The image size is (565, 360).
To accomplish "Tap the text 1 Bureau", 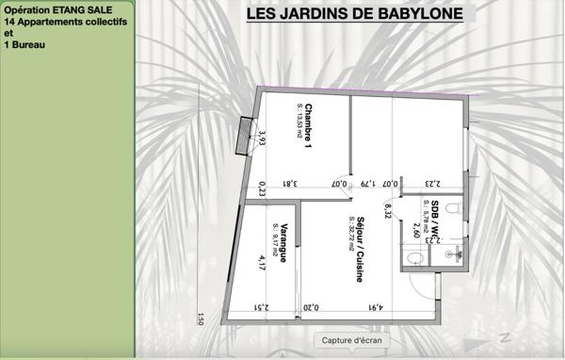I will (24, 43).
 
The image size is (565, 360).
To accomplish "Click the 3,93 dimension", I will (263, 139).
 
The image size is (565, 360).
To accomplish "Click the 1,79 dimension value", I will (368, 185).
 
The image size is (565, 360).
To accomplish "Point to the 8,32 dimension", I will (387, 210).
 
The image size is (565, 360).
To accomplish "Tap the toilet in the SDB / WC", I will (452, 206).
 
